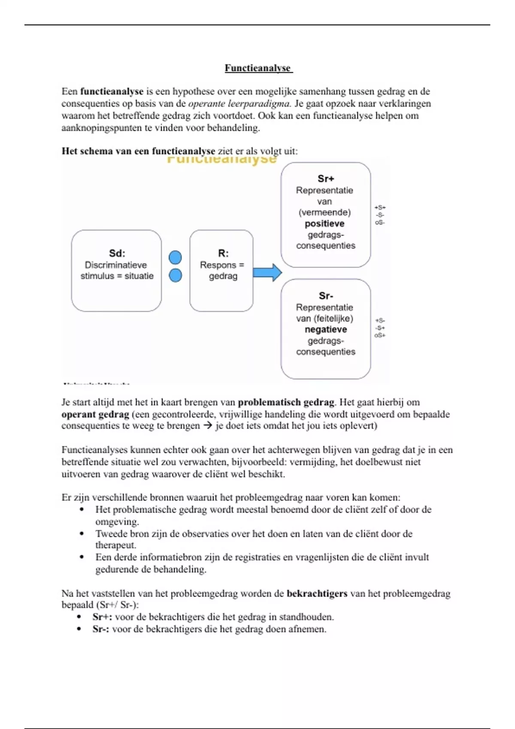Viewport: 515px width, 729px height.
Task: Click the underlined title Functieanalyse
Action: (x=258, y=68)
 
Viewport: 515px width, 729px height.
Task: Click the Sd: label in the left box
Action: (x=117, y=253)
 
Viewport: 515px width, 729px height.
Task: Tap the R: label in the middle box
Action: (x=223, y=253)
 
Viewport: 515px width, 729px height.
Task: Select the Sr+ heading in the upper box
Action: (x=326, y=179)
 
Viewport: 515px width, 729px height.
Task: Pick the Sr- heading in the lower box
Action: (x=326, y=296)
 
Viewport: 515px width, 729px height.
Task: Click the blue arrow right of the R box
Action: (x=267, y=273)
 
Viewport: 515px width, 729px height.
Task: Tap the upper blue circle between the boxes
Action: (x=175, y=257)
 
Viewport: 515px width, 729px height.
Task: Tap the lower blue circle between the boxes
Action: (x=175, y=275)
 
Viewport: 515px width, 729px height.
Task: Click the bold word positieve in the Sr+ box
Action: (x=324, y=224)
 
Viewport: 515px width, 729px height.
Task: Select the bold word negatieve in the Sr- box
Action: (x=326, y=330)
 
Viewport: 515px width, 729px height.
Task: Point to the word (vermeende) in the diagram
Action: (x=324, y=213)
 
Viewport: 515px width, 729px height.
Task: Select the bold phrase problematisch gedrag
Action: (x=286, y=402)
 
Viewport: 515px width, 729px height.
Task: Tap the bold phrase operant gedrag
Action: (x=95, y=414)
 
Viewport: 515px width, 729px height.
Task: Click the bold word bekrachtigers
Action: (x=317, y=593)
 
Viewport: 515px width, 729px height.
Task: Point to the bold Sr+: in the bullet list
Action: (x=102, y=617)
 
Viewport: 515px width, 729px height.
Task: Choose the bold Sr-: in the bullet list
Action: (x=101, y=629)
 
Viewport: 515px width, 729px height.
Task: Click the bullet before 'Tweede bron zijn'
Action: (x=82, y=534)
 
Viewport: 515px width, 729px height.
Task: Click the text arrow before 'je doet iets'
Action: (x=208, y=426)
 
